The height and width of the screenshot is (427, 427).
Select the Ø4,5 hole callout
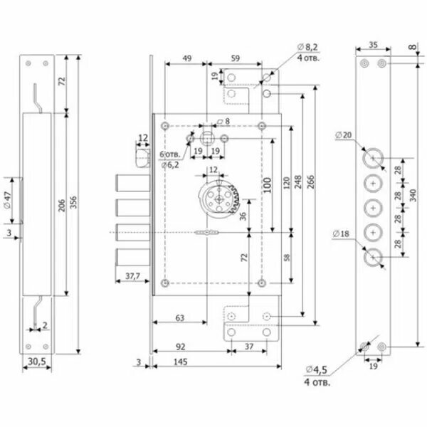pos(318,373)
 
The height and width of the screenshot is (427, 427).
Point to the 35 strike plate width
pos(373,45)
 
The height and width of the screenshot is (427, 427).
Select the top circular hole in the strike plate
pos(373,158)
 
